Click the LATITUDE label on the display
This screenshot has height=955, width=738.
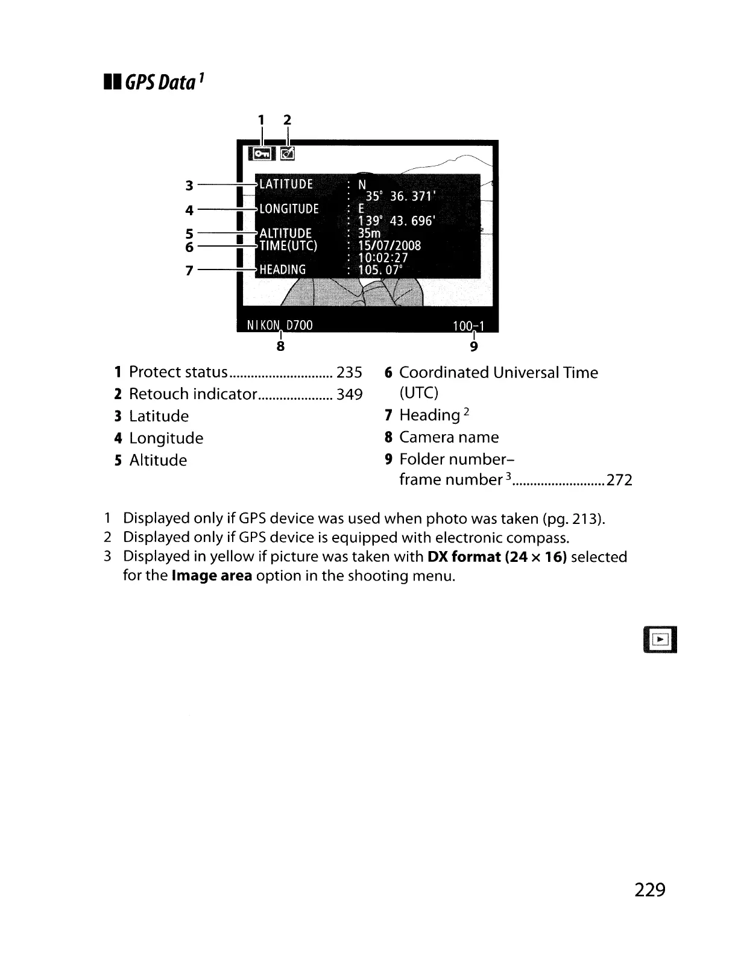pos(286,184)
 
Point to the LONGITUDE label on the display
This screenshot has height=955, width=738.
pos(289,209)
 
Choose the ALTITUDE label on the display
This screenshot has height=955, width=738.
pos(285,233)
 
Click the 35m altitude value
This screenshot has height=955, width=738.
pos(370,233)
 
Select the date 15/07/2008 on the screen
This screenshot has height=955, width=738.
pos(389,245)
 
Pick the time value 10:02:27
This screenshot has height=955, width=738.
pos(383,257)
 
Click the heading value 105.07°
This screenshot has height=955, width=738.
pos(380,269)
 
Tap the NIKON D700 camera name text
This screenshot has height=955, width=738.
pos(280,326)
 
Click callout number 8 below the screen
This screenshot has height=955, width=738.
pos(280,347)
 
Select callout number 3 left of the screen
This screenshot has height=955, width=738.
pos(189,185)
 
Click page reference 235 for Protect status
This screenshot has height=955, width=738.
pos(349,373)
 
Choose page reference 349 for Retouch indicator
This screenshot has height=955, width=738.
pos(349,395)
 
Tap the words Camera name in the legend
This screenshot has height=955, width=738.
pos(449,437)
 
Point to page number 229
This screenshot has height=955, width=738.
pos(649,889)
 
